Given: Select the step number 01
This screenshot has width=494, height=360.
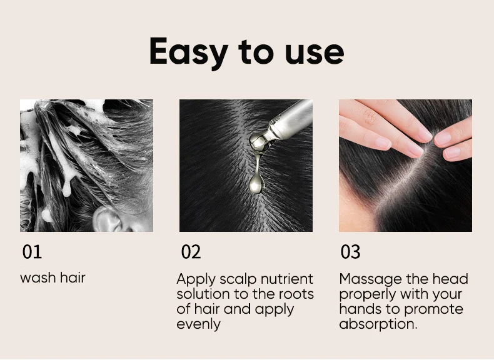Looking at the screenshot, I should [32, 252].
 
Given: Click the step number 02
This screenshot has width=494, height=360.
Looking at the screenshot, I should [191, 252].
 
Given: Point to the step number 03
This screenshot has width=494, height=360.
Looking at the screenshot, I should [350, 252].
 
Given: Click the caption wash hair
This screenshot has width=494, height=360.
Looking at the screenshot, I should [53, 277].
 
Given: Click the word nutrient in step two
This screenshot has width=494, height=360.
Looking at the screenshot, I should [285, 279].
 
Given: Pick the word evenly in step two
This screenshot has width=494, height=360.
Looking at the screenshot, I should [198, 324].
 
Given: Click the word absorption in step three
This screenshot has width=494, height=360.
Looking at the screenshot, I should [377, 324].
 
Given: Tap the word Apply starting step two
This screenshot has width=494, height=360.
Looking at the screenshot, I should [196, 279].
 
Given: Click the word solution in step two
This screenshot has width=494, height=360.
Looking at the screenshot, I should [201, 294].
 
